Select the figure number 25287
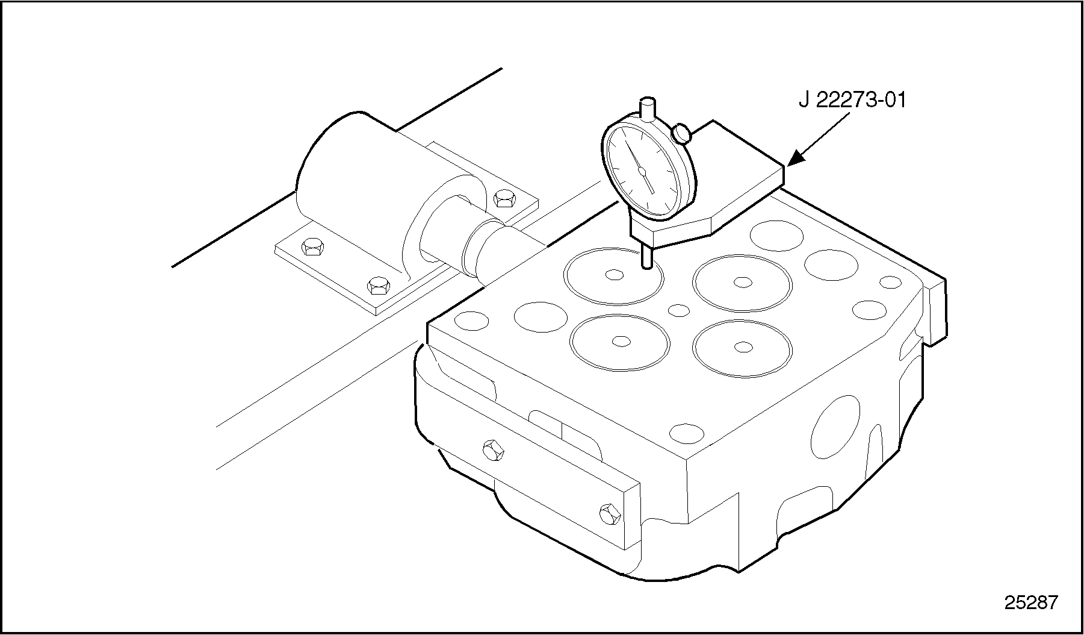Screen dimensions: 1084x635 (1030, 602)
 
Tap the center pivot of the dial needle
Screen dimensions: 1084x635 (642, 171)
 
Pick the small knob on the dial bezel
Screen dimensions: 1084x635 (681, 134)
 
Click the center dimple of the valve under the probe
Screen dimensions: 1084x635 (615, 275)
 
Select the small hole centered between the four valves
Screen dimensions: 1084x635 (679, 310)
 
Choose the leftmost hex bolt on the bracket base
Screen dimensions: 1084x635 (312, 246)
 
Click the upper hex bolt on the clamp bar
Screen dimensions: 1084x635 (493, 449)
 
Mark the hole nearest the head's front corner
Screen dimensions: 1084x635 (687, 433)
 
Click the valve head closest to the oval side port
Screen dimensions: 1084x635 (742, 348)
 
